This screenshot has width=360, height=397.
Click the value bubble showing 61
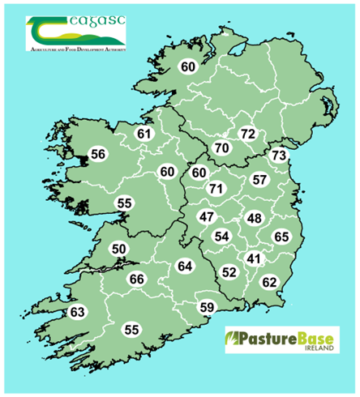click(145, 134)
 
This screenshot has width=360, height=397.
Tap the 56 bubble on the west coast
click(98, 154)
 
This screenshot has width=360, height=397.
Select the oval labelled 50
click(119, 250)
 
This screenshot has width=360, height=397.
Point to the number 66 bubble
click(137, 280)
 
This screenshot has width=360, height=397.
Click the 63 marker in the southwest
click(77, 312)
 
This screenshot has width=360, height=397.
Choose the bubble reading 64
click(185, 267)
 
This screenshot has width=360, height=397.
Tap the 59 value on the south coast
click(208, 307)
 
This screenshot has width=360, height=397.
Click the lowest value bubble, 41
click(255, 259)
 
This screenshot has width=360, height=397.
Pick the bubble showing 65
click(281, 237)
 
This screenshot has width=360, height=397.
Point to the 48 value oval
click(255, 219)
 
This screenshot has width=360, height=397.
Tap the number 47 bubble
click(207, 217)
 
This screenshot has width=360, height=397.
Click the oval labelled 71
click(216, 189)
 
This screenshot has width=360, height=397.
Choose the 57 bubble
click(259, 180)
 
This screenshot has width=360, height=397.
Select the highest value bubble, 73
click(279, 155)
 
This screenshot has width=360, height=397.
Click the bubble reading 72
click(247, 133)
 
